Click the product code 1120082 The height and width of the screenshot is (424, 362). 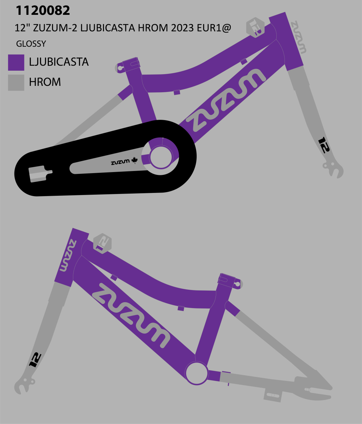(x=43, y=11)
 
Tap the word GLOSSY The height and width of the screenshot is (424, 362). (x=31, y=44)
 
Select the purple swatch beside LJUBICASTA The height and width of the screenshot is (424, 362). (x=16, y=63)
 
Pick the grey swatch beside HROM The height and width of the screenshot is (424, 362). (x=16, y=83)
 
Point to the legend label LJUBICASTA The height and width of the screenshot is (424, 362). (x=59, y=62)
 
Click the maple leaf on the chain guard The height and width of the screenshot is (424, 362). (x=134, y=161)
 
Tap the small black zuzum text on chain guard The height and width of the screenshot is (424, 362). (x=120, y=163)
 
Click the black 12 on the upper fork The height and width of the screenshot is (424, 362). (x=324, y=145)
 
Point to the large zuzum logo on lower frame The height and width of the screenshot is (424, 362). (x=131, y=315)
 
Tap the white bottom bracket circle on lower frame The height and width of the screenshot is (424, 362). (x=196, y=373)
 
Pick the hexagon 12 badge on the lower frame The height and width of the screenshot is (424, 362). (x=102, y=243)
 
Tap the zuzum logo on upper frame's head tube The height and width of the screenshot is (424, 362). (x=298, y=37)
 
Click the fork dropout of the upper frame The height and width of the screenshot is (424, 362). (x=334, y=170)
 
